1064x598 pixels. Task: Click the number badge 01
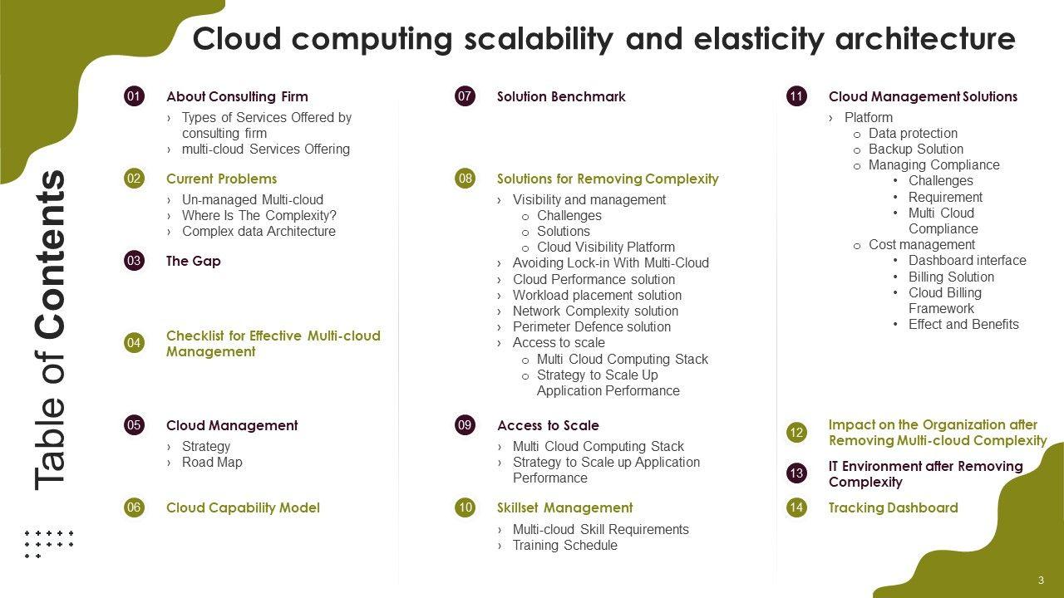click(x=134, y=96)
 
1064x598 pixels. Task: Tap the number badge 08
click(x=465, y=179)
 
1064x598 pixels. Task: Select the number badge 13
click(x=796, y=473)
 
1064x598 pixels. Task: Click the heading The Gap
click(x=194, y=261)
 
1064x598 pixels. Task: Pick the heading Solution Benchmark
click(x=561, y=96)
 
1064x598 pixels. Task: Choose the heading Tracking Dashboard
click(x=893, y=507)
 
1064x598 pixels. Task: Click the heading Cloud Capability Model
click(x=243, y=507)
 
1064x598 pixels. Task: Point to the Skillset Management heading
click(x=564, y=507)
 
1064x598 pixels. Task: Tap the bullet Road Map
click(x=212, y=463)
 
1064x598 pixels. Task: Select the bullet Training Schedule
click(x=564, y=546)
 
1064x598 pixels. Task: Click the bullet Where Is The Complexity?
click(x=259, y=215)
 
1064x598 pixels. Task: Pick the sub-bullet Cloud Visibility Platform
click(x=606, y=248)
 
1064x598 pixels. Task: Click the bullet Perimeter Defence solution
click(x=591, y=327)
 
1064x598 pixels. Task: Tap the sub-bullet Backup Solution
click(x=916, y=149)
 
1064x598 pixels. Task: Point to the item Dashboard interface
click(x=967, y=261)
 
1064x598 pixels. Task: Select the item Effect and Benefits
click(x=963, y=325)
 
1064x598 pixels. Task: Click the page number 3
click(x=1042, y=581)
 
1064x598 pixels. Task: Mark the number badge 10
click(x=465, y=507)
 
